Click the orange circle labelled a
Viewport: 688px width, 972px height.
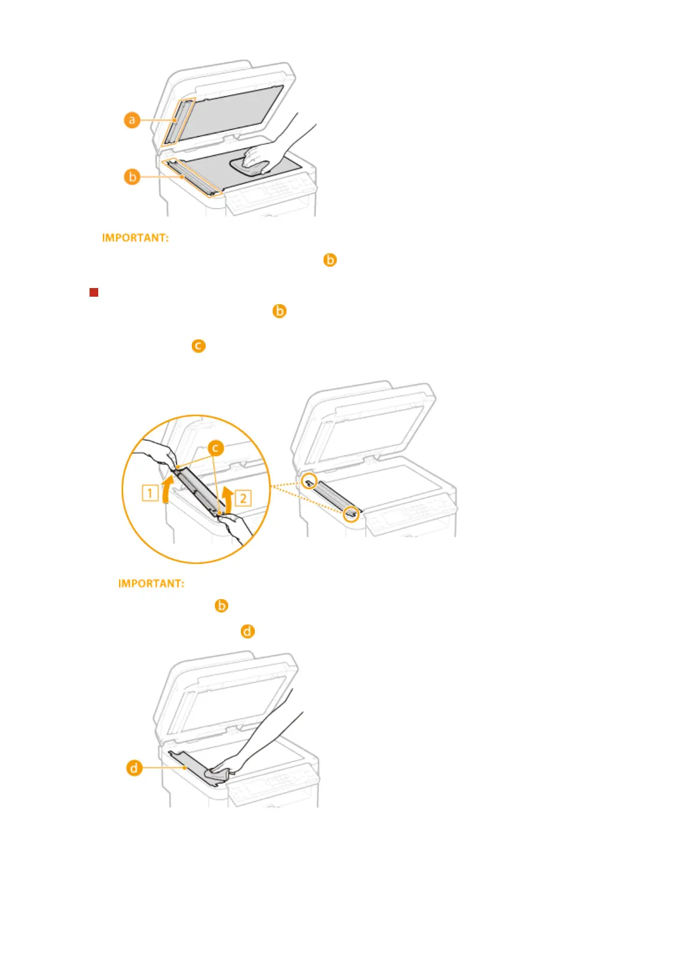132,120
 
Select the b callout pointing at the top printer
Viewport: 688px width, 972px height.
132,177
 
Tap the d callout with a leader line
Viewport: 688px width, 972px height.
134,768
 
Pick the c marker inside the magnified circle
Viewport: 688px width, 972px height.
215,448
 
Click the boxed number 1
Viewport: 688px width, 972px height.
150,493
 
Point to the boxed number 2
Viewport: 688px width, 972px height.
243,498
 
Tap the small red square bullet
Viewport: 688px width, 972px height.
94,292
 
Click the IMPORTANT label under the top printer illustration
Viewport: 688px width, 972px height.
135,238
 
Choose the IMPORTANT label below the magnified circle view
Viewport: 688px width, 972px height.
151,584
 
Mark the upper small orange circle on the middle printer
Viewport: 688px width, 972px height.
310,481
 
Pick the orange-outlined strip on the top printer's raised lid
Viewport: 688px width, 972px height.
178,121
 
